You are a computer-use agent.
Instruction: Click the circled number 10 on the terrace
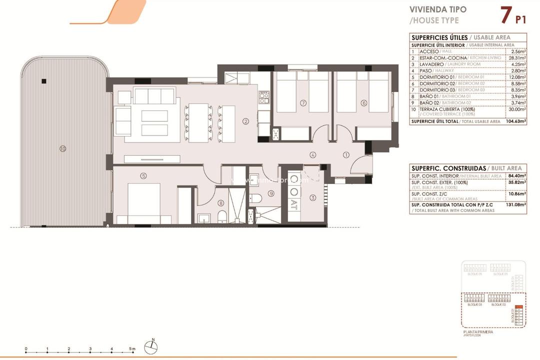62,148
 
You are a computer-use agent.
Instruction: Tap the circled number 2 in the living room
245,120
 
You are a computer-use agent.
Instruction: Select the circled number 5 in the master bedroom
143,175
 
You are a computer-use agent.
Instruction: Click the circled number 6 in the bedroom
363,103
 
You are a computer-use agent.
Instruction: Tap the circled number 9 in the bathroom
271,193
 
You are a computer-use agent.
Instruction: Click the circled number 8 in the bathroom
221,203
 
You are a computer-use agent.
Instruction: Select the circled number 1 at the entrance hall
346,154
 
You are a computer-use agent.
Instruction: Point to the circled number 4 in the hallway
312,154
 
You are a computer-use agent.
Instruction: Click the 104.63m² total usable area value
517,121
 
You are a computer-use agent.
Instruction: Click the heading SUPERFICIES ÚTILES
439,37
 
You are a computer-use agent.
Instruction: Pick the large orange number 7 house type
505,14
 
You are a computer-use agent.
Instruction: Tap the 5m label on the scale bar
131,348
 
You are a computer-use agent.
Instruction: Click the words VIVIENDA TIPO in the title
438,9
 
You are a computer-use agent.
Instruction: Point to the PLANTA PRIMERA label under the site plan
478,332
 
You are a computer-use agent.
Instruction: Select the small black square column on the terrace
44,81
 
